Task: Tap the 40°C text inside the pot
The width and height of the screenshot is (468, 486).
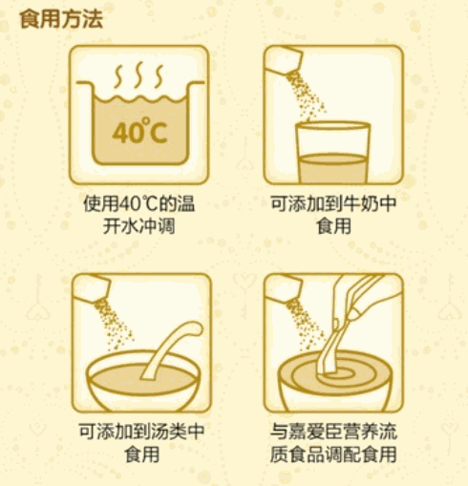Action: point(139,132)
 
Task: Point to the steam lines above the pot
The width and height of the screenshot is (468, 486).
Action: point(139,74)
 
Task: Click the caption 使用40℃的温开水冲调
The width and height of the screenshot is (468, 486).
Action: point(139,216)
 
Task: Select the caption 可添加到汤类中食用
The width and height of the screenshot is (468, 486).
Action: point(139,442)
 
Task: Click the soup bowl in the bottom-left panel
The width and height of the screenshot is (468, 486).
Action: point(139,382)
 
